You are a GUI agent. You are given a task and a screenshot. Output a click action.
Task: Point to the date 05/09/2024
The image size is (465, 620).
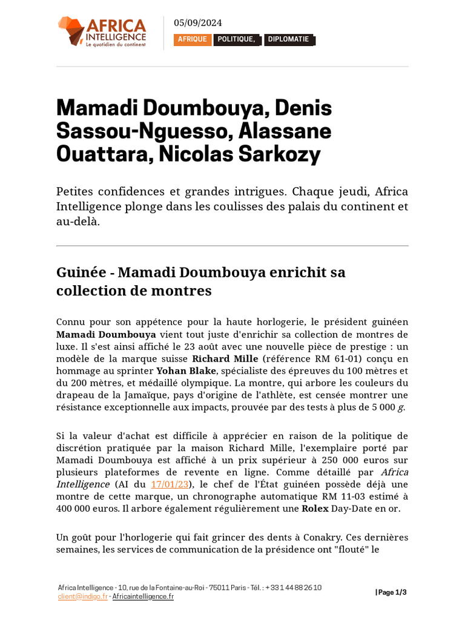coord(198,23)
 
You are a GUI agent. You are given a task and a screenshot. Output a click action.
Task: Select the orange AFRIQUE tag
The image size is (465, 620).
coord(193,40)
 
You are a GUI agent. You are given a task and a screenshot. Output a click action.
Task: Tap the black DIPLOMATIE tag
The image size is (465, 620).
coord(288,40)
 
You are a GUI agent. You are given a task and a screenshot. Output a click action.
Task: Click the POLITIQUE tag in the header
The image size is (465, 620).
coord(237,40)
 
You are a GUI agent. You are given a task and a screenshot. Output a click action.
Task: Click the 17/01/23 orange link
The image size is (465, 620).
coord(170,484)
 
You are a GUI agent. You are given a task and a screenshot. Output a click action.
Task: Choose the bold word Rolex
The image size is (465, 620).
coord(315,509)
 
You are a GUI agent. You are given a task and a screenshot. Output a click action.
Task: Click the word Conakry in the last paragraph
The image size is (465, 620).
coord(323,538)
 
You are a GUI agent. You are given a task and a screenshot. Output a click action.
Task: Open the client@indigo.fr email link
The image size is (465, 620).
coord(82,596)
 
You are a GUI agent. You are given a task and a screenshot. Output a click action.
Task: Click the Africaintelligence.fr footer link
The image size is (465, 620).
coord(143,596)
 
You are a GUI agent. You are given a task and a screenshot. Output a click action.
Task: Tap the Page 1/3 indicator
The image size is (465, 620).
coord(391,592)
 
